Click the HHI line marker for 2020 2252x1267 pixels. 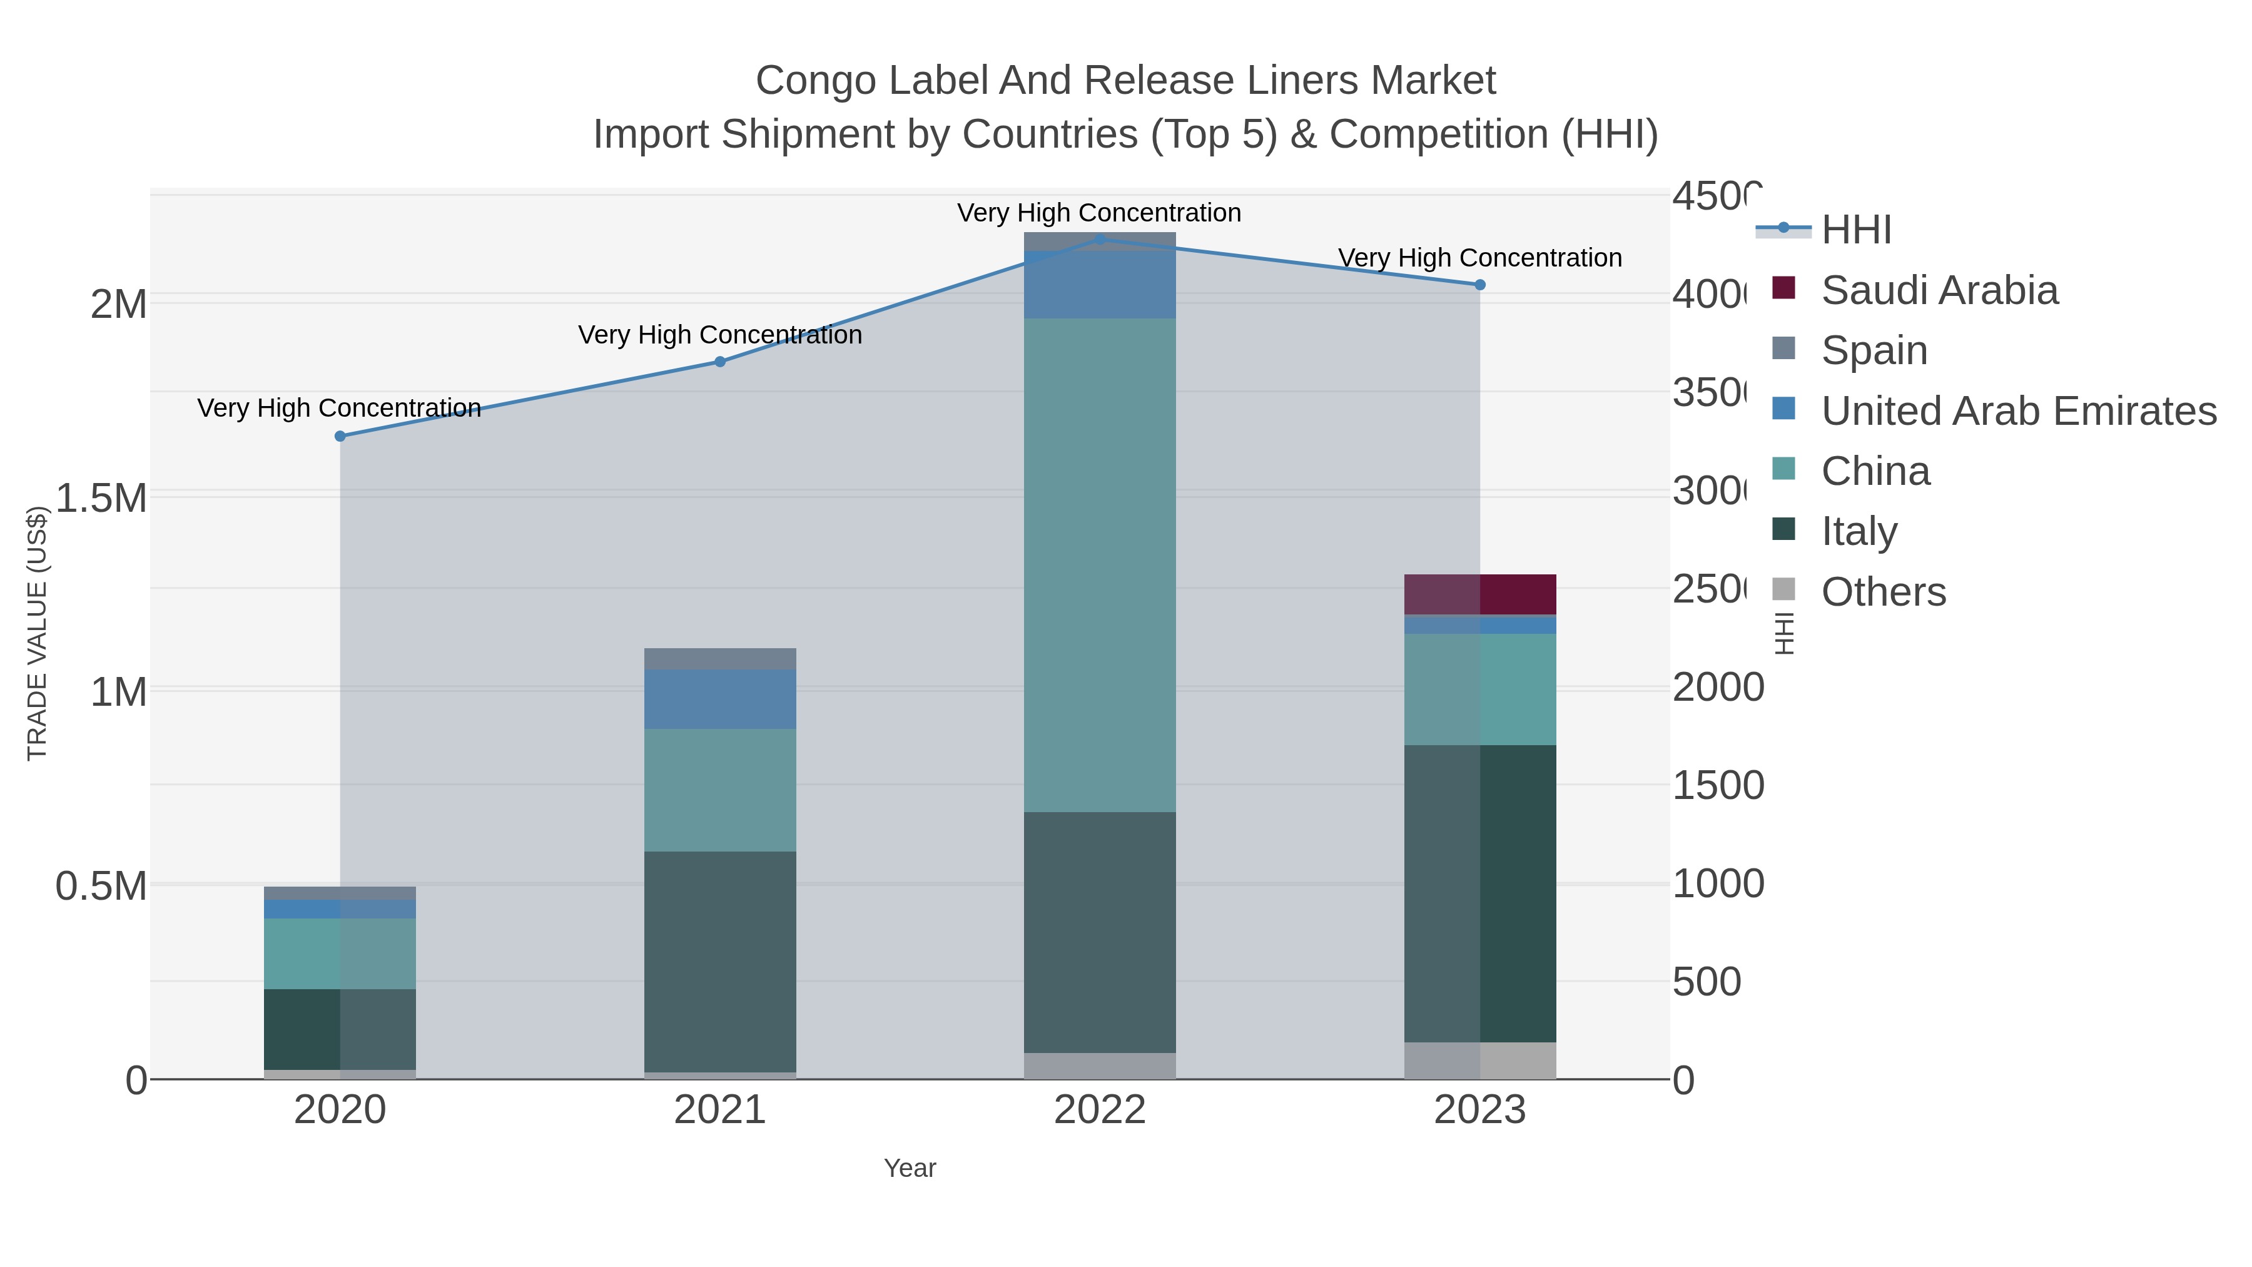(340, 435)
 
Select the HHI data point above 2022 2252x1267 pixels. (1100, 239)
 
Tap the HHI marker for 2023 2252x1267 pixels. (1480, 284)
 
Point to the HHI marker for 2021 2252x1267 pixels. (721, 361)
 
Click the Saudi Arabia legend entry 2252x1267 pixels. (1939, 290)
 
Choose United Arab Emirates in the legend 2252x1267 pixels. (2017, 411)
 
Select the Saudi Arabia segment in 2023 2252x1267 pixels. (1480, 594)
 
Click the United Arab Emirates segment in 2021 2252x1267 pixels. (721, 699)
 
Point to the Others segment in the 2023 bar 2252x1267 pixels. (1480, 1060)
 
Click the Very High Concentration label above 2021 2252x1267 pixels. (721, 335)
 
